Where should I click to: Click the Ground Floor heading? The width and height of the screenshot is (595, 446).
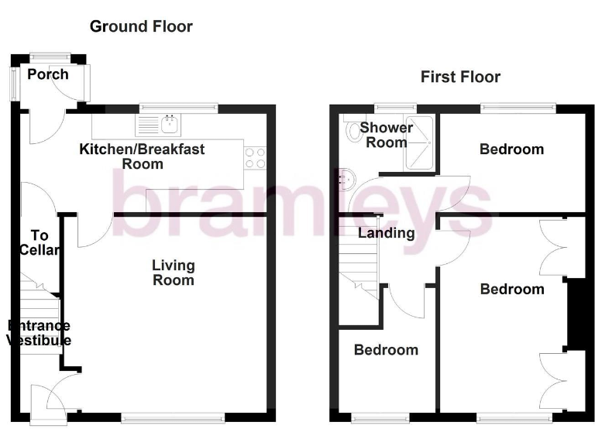[141, 26]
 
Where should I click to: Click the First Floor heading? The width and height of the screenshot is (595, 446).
[460, 77]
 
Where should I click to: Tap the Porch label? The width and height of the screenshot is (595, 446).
[47, 74]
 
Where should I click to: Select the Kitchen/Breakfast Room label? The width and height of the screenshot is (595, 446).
[143, 156]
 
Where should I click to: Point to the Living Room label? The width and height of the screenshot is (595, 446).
[173, 273]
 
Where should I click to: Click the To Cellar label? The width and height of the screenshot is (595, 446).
[40, 242]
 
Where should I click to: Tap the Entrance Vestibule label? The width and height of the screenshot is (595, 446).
[39, 333]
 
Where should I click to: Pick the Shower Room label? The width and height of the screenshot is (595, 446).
[386, 135]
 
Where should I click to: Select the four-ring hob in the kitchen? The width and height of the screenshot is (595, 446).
[255, 158]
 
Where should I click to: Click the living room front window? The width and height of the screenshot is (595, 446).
[173, 417]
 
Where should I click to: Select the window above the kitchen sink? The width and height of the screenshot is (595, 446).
[178, 108]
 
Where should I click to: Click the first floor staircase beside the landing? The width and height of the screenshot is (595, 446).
[359, 267]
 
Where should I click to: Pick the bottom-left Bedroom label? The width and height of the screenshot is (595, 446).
[386, 350]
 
